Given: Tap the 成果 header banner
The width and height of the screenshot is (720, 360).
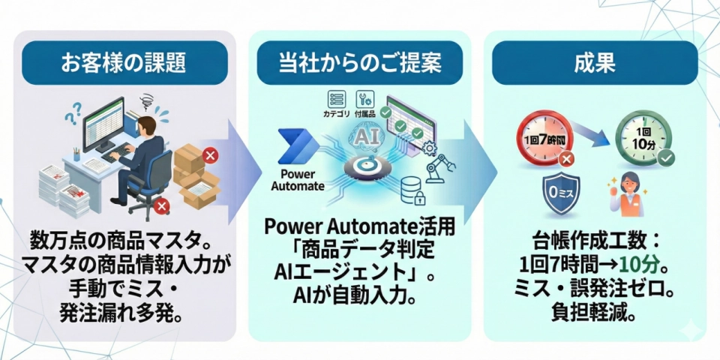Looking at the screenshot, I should point(594,63).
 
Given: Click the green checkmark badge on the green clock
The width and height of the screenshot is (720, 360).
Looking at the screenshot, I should point(666,157).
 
